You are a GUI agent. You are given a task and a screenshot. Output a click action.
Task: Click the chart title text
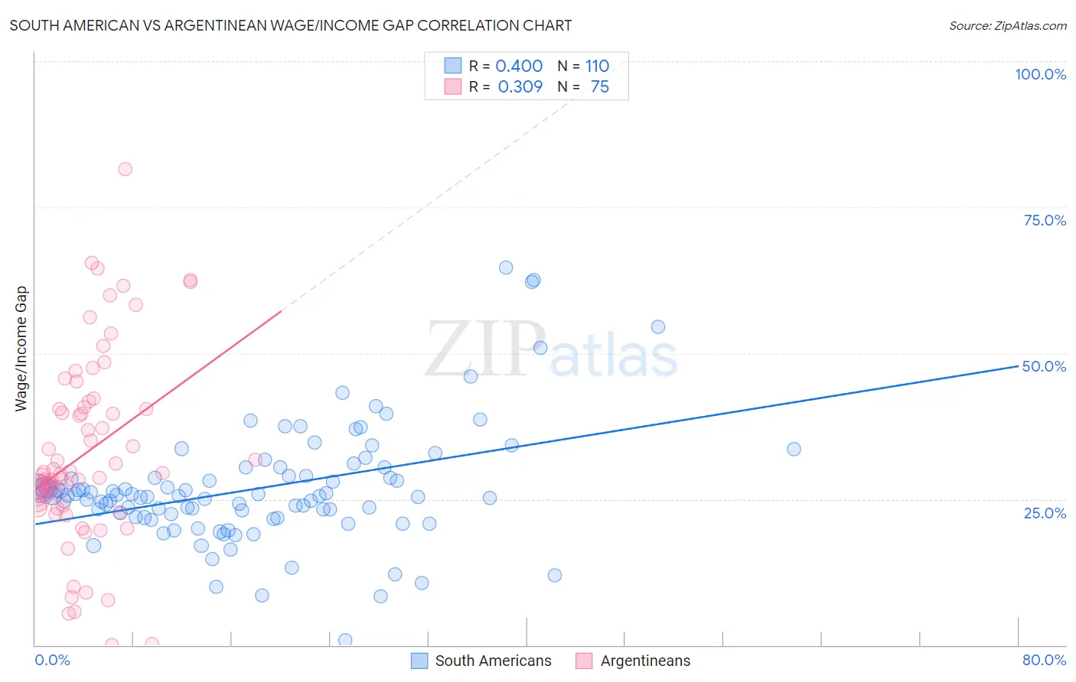tap(291, 25)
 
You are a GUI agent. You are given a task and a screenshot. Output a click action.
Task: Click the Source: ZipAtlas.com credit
tap(1007, 25)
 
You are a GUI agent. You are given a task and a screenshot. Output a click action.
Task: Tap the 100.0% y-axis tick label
tap(1040, 74)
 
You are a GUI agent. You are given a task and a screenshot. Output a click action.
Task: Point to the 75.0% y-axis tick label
tap(1045, 220)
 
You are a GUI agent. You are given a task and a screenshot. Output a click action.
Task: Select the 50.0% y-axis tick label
tap(1044, 366)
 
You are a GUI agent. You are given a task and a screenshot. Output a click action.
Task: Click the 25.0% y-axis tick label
tap(1045, 512)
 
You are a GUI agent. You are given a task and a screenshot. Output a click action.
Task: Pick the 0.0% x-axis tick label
tap(52, 660)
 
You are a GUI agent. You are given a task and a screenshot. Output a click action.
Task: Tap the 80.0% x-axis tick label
tap(1044, 660)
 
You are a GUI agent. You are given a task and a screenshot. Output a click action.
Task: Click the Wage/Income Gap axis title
tap(21, 349)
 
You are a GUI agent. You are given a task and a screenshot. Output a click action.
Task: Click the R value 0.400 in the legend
tap(519, 67)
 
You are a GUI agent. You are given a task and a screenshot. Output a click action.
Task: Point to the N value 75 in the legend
tap(600, 87)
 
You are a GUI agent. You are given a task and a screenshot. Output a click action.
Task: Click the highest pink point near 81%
tap(125, 169)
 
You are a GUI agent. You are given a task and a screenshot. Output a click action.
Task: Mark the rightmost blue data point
tap(794, 449)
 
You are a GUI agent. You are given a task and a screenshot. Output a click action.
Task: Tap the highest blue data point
tap(506, 268)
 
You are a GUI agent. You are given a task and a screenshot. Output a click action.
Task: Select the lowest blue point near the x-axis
tap(345, 640)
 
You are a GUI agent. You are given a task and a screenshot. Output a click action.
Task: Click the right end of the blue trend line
tap(1018, 366)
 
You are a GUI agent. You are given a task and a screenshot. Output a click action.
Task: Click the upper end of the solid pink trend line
tap(282, 311)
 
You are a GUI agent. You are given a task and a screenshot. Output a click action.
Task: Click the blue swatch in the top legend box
tap(453, 67)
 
